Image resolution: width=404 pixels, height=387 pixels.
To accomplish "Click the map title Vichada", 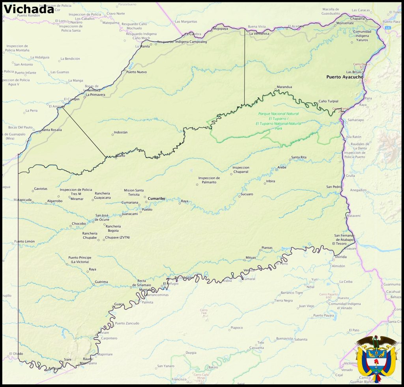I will click(28, 9).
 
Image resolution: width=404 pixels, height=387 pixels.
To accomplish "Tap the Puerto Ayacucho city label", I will click(345, 77).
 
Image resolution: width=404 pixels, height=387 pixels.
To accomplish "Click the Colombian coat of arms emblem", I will click(376, 359).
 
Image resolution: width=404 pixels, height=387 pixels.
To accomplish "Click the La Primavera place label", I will click(96, 95).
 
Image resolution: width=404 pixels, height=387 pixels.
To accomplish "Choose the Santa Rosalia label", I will click(51, 130).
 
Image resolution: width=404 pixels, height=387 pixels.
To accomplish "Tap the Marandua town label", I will click(284, 87).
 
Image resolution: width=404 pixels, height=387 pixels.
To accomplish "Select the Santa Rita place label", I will click(299, 157).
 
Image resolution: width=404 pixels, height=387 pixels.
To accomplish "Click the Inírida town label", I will click(340, 257).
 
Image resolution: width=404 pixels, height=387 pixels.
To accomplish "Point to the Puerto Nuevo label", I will click(137, 72).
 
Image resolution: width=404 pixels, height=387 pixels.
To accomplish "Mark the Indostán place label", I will click(120, 132).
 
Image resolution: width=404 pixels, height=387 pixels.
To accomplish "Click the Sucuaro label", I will click(246, 194).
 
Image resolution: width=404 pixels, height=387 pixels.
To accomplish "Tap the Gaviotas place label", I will click(41, 189).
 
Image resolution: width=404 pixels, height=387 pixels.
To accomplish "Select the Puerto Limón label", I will click(24, 241).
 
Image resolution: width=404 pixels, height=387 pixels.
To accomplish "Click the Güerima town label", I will click(101, 282).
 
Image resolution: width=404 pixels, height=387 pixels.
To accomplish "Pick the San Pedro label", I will click(334, 186).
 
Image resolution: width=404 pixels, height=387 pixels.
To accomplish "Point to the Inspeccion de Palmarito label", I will click(209, 180).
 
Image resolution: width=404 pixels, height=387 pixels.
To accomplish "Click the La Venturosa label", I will click(259, 33).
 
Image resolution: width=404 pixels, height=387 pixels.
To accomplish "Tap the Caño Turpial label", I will click(328, 101).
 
